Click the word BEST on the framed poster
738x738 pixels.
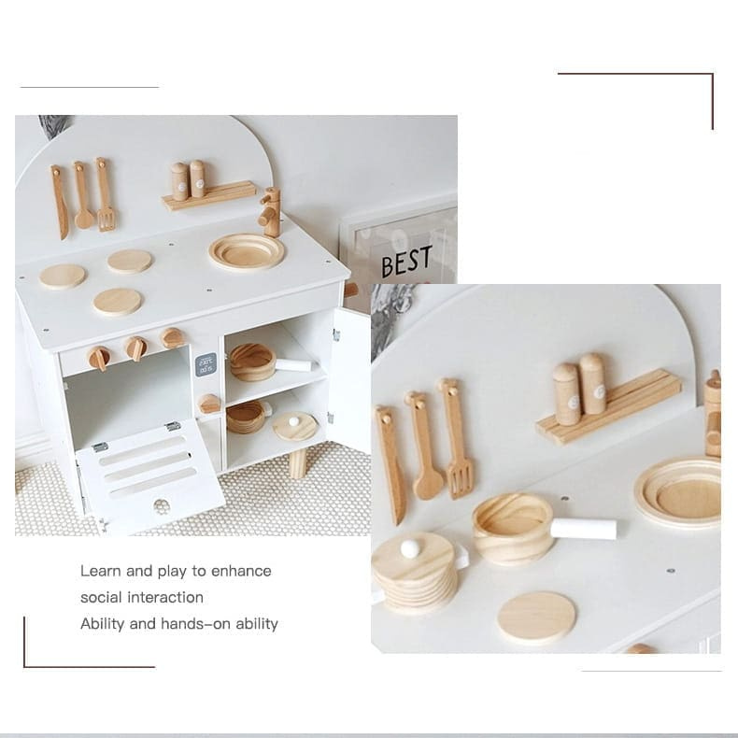[x=406, y=261]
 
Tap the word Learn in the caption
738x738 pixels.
[x=99, y=571]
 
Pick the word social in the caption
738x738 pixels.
[x=101, y=597]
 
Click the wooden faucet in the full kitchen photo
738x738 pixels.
[x=270, y=212]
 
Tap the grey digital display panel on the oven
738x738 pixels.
[x=206, y=364]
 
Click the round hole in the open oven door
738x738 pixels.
[x=162, y=506]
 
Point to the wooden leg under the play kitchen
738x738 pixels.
[x=297, y=462]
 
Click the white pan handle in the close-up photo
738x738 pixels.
[x=583, y=529]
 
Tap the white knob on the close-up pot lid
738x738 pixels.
[x=409, y=547]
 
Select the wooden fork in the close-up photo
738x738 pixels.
[x=456, y=438]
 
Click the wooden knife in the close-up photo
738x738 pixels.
[x=390, y=464]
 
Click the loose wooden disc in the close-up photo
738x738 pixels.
[x=536, y=618]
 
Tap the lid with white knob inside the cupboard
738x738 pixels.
[x=295, y=426]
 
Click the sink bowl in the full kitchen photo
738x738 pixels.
[x=248, y=252]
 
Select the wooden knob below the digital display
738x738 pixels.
[x=209, y=404]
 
